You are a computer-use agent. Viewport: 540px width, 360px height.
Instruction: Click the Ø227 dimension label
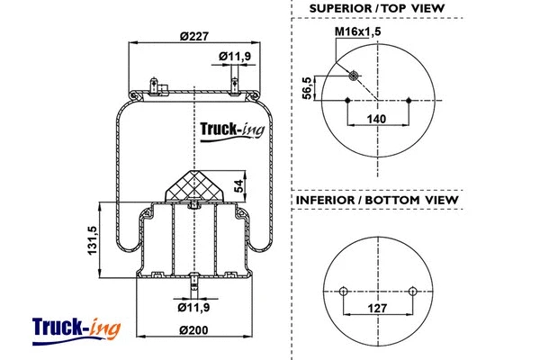point(194,36)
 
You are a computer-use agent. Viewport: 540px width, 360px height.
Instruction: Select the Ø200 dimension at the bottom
point(194,330)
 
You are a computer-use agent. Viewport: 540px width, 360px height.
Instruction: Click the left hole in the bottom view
point(343,291)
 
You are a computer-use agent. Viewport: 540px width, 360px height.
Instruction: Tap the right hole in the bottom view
point(412,291)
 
